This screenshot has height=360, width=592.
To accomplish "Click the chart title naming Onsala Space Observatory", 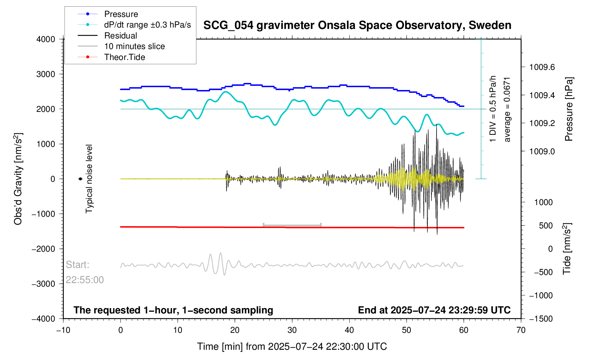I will [357, 25].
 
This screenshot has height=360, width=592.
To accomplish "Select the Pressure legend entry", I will [121, 14].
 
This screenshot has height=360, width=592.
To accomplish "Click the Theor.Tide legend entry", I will [124, 57].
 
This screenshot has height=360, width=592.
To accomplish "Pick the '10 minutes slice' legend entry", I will [134, 46].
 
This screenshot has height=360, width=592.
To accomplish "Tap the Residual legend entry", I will [120, 36].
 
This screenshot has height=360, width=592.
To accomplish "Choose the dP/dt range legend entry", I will [147, 25].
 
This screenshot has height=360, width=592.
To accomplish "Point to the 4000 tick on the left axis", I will [46, 39].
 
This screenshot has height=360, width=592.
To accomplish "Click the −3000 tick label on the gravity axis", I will [44, 284].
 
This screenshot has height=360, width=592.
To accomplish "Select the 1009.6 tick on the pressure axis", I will [542, 67].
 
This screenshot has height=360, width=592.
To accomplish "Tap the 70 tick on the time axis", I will [521, 330].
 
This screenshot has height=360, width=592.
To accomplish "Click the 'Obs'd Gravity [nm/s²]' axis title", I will [18, 179].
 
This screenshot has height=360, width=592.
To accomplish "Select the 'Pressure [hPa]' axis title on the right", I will [569, 109].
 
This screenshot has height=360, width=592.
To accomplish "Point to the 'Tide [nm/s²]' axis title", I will [567, 248].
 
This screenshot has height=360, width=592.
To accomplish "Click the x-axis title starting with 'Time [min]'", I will [292, 347].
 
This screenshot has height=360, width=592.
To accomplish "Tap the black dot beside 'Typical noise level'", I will [80, 179].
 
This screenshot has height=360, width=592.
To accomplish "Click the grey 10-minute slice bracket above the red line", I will [292, 225].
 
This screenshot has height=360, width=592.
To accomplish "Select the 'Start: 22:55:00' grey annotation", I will [85, 272].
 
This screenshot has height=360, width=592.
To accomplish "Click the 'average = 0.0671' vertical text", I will [507, 109].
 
